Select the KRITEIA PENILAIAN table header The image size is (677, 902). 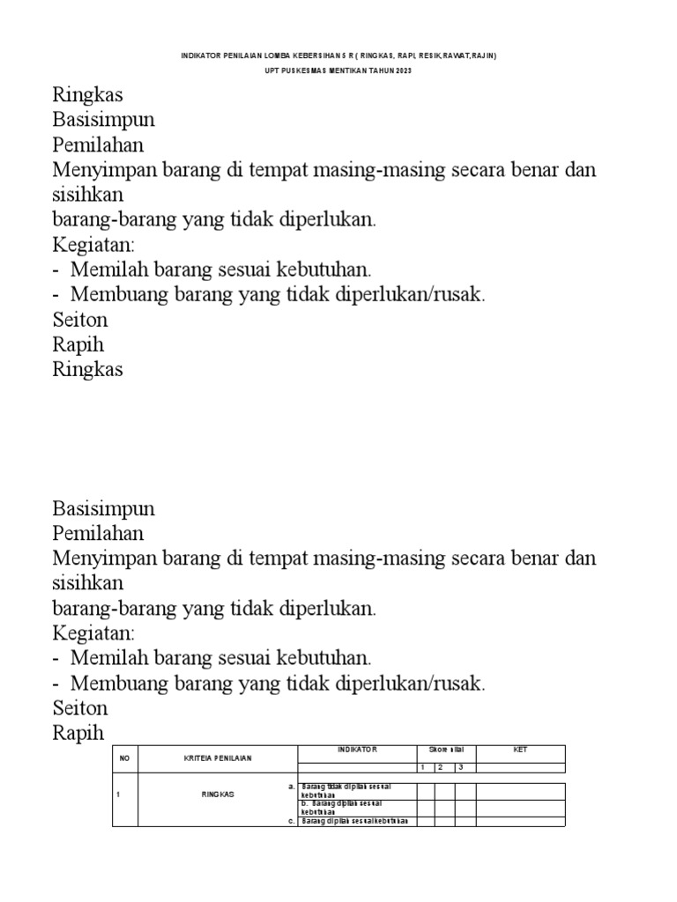(x=216, y=758)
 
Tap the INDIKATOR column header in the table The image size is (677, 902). (x=356, y=750)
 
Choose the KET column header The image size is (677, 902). (x=520, y=750)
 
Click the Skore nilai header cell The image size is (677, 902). (x=446, y=750)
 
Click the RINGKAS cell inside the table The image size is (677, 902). (x=216, y=794)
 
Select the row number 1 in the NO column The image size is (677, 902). (x=119, y=794)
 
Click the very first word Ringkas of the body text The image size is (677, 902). (x=88, y=94)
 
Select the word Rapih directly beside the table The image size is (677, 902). (x=78, y=732)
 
